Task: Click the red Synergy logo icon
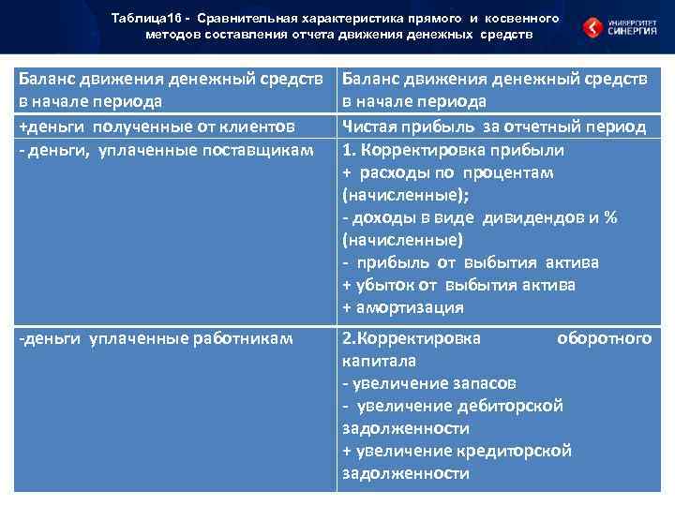[x=594, y=27]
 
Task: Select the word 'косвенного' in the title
[x=524, y=18]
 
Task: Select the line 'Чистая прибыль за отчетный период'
[x=494, y=126]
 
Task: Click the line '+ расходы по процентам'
[x=448, y=172]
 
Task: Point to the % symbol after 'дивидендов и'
[x=610, y=217]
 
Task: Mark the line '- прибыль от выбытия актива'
[x=471, y=262]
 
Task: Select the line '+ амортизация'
[x=403, y=307]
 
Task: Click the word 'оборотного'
[x=604, y=338]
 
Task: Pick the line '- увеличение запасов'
[x=428, y=383]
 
